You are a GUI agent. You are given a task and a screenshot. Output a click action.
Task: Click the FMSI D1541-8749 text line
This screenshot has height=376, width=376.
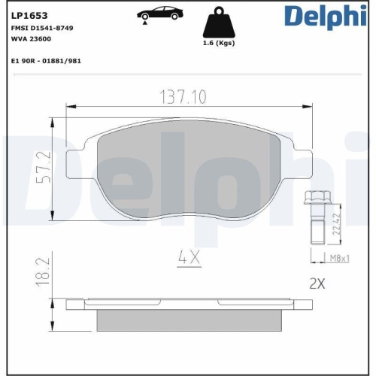point(42,27)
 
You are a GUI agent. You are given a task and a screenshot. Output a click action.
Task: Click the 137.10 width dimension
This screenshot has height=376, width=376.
point(187,96)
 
